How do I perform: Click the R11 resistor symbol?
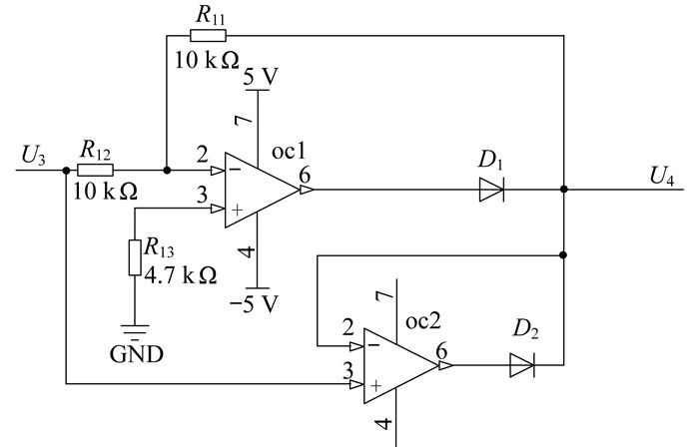pos(208,36)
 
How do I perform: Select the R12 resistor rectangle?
pos(95,170)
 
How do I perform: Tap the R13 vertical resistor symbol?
pos(135,257)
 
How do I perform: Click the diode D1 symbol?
pos(491,190)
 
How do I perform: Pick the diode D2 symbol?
pos(522,365)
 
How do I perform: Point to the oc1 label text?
pos(289,152)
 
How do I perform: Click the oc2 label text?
pos(423,320)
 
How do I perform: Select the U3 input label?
pos(33,156)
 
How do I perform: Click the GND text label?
pos(137,354)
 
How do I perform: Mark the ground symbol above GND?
pos(135,332)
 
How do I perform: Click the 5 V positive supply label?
pos(261,77)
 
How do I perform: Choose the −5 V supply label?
pos(254,304)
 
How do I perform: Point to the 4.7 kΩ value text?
pos(181,275)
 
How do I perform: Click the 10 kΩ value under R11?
pos(207,60)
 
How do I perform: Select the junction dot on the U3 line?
pos(67,170)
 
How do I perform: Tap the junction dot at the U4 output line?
pos(564,190)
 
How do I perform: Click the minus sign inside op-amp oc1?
pos(237,170)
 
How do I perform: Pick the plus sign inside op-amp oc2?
pos(376,385)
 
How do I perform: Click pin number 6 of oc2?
pos(441,351)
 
